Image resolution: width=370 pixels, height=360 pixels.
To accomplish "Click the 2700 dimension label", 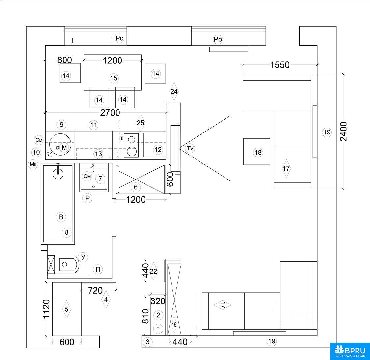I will click(x=110, y=113).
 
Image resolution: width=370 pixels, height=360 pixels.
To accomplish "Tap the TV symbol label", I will click(x=190, y=148).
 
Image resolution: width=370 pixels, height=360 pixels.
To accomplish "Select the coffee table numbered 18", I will click(x=256, y=152).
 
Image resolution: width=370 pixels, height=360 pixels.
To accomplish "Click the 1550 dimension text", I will click(x=280, y=65).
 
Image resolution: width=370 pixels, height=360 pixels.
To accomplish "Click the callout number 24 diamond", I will click(x=174, y=91).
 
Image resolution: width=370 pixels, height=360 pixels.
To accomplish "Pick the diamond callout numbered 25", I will click(x=140, y=123).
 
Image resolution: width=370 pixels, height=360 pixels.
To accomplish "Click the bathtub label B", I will click(x=61, y=217).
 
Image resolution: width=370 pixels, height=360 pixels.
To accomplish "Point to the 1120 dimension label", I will click(x=46, y=309).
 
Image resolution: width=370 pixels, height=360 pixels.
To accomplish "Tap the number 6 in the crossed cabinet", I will click(x=135, y=187).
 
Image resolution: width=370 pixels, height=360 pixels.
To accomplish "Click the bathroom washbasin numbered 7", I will click(x=94, y=178).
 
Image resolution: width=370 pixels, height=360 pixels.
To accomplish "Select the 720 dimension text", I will click(x=95, y=290).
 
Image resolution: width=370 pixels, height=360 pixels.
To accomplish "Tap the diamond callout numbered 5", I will click(x=66, y=309).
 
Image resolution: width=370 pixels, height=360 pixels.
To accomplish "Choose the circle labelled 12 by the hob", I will click(x=158, y=150).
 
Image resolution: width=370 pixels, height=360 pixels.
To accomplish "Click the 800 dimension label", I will click(x=65, y=60).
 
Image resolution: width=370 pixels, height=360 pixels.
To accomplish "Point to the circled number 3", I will click(x=147, y=342).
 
